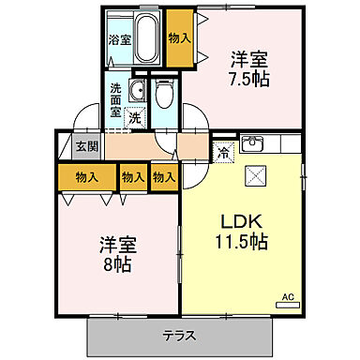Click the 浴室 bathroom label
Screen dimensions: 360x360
point(119,40)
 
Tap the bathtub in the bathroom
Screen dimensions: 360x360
point(147,37)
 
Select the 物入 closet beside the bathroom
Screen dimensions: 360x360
point(179,37)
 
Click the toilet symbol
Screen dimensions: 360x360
point(166,95)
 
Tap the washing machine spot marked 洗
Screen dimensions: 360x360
point(135,119)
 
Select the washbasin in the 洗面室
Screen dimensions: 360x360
point(137,91)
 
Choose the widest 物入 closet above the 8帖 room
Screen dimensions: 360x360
point(86,176)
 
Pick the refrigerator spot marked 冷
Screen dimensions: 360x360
point(224,152)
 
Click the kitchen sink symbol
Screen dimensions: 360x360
point(253,144)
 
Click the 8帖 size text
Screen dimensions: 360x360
point(118,264)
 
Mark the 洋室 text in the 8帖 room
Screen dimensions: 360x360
point(118,245)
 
